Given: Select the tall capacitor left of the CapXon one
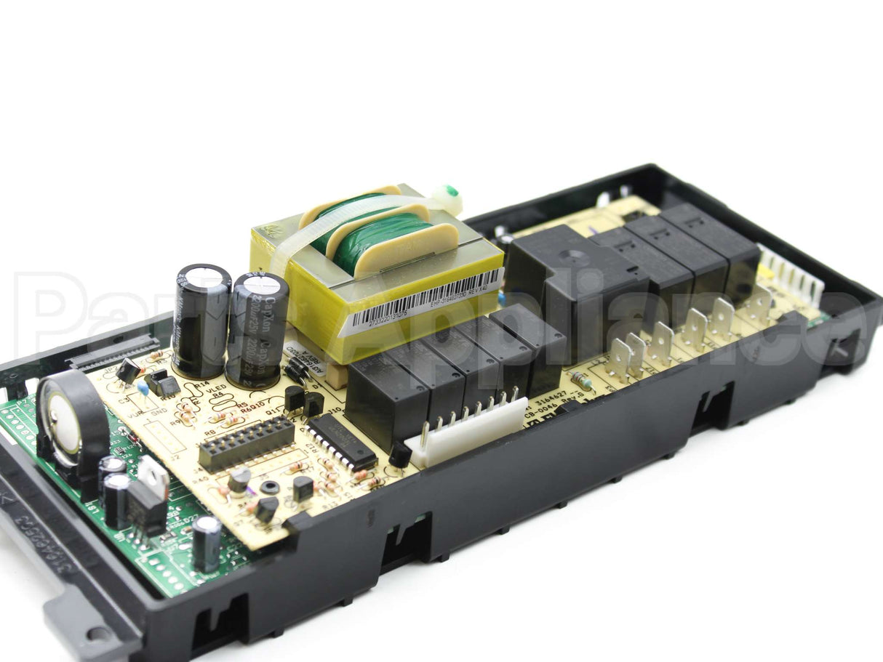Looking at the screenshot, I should pyautogui.click(x=201, y=319).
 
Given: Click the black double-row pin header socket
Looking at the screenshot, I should pyautogui.click(x=247, y=443).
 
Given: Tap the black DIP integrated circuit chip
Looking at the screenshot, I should pyautogui.click(x=340, y=442).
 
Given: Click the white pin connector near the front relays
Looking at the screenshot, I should pyautogui.click(x=466, y=432).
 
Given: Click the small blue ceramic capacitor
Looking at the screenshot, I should pyautogui.click(x=143, y=390).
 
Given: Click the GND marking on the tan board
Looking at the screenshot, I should pyautogui.click(x=159, y=412).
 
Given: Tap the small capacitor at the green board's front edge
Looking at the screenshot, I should pyautogui.click(x=207, y=542).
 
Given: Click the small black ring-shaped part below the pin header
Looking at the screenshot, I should pyautogui.click(x=270, y=487).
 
